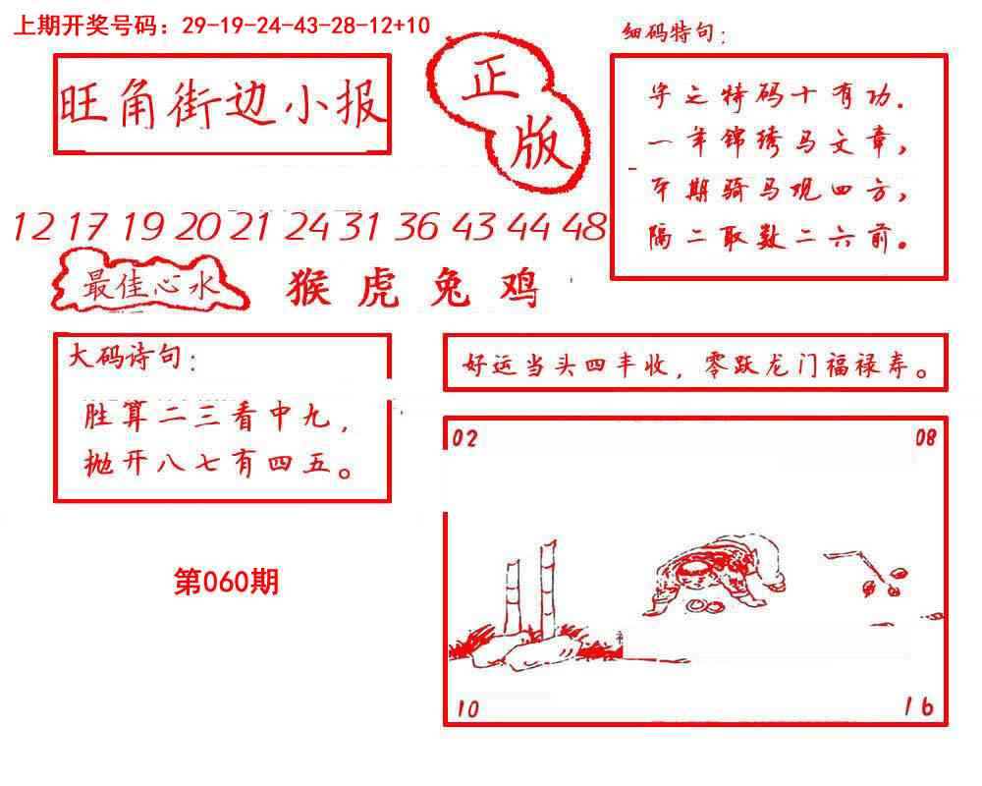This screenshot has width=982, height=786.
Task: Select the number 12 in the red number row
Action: coord(33,228)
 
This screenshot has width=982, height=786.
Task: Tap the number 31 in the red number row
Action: coord(360,228)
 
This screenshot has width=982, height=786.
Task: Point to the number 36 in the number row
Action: coord(417,228)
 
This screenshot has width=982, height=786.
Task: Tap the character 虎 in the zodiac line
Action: coord(376,288)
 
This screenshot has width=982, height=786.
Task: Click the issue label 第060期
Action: coord(226,582)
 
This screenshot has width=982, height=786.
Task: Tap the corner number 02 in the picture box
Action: coord(464,439)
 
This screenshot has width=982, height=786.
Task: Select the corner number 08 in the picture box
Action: coord(926,438)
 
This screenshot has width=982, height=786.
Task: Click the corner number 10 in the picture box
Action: coord(468,708)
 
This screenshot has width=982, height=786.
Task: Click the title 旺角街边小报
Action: coord(222,105)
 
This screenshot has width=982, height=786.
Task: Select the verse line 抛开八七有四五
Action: coord(220,465)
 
